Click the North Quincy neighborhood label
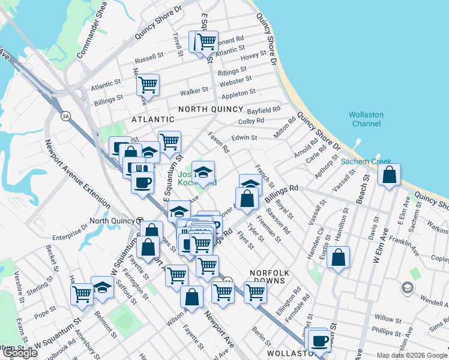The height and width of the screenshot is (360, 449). (211, 109)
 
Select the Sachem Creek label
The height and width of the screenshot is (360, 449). (366, 161)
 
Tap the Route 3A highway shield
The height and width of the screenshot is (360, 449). (65, 116)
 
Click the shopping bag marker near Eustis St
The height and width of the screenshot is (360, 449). (339, 257)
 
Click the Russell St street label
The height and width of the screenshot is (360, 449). (149, 60)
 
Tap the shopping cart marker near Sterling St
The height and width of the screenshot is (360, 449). (81, 294)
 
